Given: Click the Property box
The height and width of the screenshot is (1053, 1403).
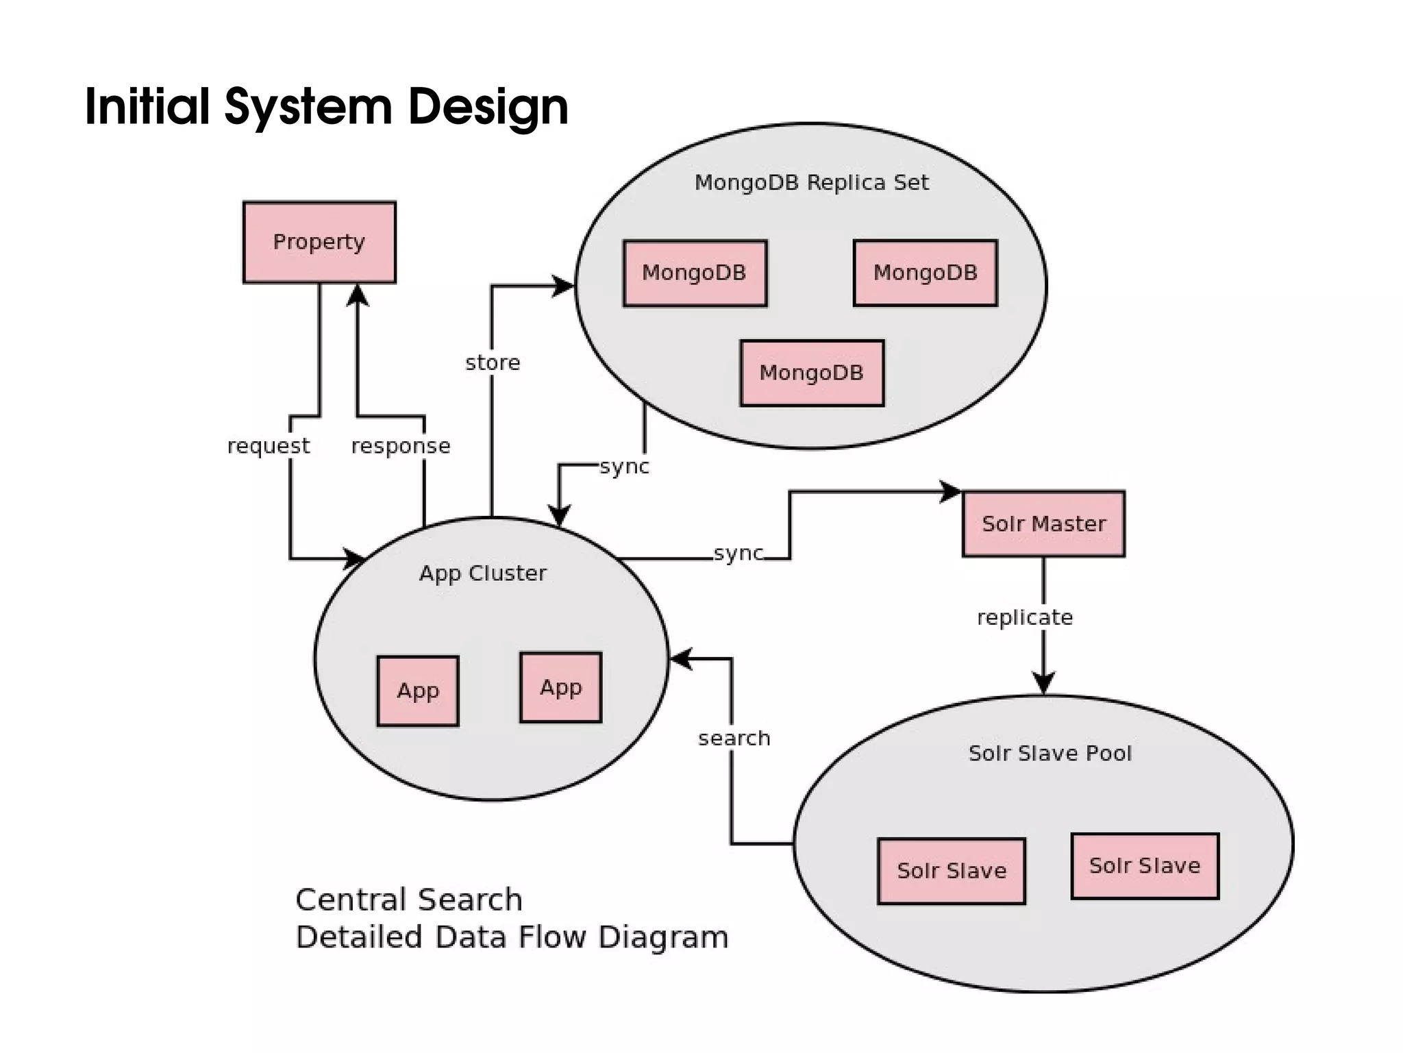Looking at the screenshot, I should point(319,242).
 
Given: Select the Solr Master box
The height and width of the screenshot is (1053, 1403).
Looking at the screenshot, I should point(1043,523).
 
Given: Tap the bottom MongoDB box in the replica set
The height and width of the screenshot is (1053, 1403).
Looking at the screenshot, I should point(812,373).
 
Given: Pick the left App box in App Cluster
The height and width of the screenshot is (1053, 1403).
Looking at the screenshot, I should point(418,691).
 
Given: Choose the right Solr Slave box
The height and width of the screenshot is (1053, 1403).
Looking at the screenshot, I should point(1145,866).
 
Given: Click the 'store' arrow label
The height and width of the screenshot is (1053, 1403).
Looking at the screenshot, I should point(493,362).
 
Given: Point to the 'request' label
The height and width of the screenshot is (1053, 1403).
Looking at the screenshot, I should point(269,446).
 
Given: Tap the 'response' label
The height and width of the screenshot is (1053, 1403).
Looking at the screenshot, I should point(401,446).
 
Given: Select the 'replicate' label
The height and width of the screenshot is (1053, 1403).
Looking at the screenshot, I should point(1025,617).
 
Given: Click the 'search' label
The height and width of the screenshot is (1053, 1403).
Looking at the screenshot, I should point(734,738).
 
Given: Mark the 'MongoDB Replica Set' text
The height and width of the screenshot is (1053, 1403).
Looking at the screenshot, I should point(812,182).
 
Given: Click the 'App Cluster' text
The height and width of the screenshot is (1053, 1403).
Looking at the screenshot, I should point(483,573).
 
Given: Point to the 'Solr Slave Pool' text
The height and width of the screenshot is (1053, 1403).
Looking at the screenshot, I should point(1050,753).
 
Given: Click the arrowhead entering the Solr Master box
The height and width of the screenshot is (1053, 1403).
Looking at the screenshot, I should point(951,491).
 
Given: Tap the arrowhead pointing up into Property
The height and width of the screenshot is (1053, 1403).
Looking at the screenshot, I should point(358,295).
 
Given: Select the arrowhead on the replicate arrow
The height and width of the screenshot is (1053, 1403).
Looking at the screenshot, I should point(1043,683).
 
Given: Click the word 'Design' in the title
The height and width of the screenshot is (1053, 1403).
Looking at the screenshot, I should point(488,107).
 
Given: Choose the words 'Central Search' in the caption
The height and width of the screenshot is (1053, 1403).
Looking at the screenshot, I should point(409,900).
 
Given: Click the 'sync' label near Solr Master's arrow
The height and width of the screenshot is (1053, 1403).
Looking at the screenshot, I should point(738,553).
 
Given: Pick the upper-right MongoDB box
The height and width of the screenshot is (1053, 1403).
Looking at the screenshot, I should point(926,273).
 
